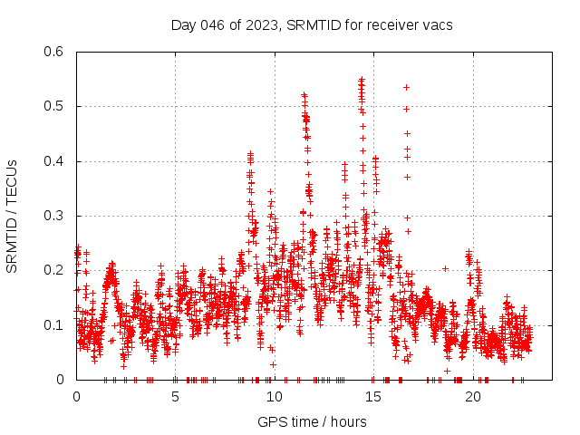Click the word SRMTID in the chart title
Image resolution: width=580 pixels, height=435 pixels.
(311, 24)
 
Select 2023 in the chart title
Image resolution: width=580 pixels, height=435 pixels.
(259, 24)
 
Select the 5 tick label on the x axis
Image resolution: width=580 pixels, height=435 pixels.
(176, 397)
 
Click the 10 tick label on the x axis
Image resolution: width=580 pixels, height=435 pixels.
(275, 397)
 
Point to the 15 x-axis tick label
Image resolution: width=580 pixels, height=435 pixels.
(373, 397)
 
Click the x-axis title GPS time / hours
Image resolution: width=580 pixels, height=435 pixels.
(312, 421)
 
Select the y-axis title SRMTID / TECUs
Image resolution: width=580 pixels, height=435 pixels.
(12, 216)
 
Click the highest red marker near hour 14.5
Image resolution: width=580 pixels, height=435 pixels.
(362, 80)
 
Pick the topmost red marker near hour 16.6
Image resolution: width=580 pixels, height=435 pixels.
(406, 87)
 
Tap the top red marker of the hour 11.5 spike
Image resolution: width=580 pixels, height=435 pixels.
(304, 94)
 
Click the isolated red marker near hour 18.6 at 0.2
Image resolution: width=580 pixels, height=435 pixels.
(445, 268)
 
